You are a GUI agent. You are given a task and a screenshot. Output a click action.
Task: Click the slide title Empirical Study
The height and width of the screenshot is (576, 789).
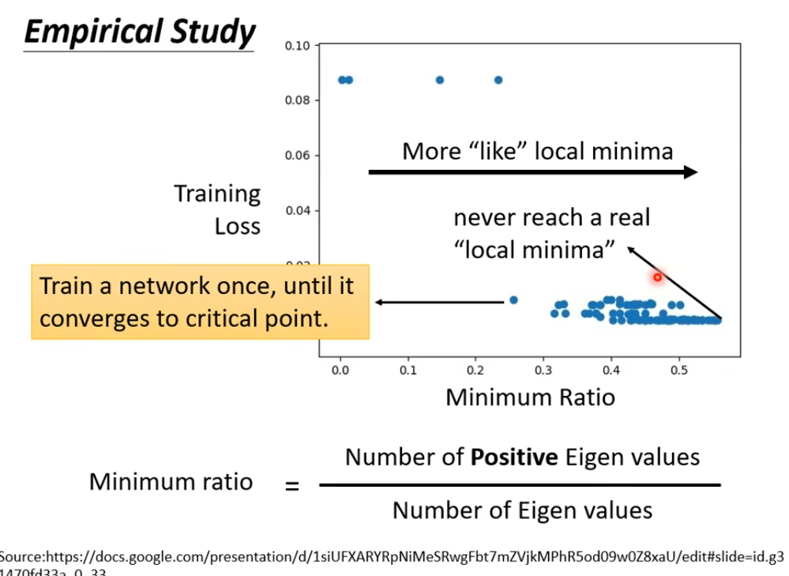[139, 32]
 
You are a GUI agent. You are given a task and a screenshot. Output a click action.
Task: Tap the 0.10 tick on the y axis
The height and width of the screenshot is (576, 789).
[298, 46]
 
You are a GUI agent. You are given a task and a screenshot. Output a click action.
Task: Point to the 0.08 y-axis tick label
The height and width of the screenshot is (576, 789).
[298, 100]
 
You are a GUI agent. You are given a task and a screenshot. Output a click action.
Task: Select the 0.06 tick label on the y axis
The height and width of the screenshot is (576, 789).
[298, 156]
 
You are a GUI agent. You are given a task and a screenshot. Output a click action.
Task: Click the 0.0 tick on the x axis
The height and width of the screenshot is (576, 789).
[340, 369]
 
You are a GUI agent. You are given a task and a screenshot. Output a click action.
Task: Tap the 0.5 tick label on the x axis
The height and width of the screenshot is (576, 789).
[679, 369]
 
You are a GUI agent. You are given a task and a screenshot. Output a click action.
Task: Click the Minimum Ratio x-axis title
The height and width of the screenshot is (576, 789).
[530, 397]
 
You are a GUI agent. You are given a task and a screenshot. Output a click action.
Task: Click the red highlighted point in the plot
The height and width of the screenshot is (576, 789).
[657, 277]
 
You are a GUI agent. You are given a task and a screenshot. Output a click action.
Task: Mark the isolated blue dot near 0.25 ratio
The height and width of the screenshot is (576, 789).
[513, 300]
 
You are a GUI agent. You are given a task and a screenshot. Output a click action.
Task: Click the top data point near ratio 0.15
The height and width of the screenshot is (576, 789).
[440, 80]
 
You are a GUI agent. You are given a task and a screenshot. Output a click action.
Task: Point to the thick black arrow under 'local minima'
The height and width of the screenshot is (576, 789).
[533, 171]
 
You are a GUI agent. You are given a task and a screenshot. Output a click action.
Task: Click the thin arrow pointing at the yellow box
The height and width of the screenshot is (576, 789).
[439, 302]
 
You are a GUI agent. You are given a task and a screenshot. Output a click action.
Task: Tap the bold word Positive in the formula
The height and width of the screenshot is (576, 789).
[520, 457]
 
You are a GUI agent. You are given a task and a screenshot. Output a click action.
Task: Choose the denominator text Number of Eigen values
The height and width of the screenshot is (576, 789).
[522, 510]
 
